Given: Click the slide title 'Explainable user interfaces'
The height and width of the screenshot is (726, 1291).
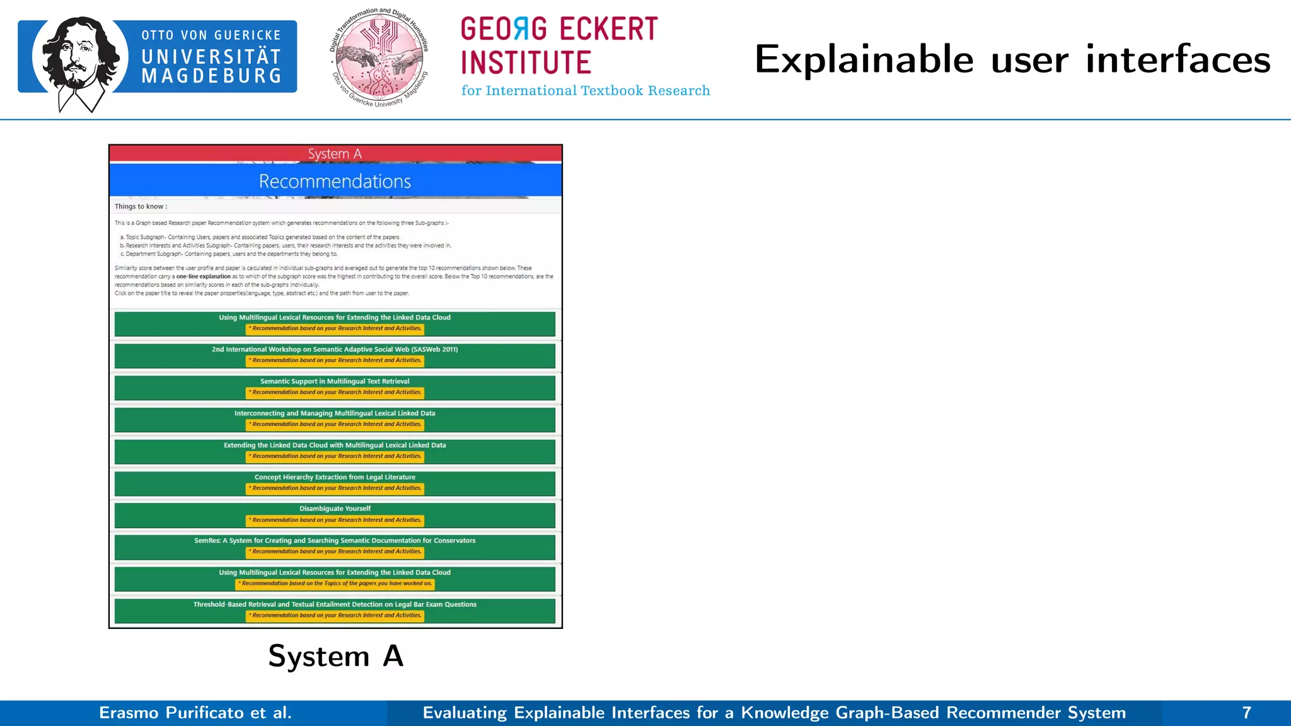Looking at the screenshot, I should pyautogui.click(x=1012, y=59).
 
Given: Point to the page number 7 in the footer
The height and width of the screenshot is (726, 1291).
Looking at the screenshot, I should pyautogui.click(x=1246, y=713).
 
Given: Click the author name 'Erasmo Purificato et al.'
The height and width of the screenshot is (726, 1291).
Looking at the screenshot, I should pyautogui.click(x=195, y=713).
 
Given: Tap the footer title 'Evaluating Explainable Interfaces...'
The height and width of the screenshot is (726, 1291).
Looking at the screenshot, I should pyautogui.click(x=774, y=713).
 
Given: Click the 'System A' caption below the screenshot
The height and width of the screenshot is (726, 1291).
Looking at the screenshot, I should pyautogui.click(x=335, y=656).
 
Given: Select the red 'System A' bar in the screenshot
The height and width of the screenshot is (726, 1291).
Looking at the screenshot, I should pyautogui.click(x=335, y=154).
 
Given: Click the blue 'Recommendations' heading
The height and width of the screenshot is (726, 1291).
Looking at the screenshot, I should pyautogui.click(x=335, y=181).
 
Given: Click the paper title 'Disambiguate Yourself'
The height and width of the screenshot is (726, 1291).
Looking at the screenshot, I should pyautogui.click(x=335, y=509).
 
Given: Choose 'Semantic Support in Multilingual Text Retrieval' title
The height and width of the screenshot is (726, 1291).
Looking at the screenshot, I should pyautogui.click(x=335, y=381).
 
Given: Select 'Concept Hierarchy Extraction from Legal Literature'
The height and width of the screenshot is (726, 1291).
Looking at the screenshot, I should pyautogui.click(x=335, y=477).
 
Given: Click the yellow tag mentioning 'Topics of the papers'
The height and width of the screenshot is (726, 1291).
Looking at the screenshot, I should pyautogui.click(x=335, y=584).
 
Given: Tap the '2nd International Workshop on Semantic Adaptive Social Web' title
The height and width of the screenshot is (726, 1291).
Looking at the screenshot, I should pyautogui.click(x=335, y=349).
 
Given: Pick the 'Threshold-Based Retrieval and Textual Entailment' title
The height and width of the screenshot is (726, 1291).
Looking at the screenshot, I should pyautogui.click(x=335, y=604).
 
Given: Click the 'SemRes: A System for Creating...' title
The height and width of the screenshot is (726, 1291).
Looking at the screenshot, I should pyautogui.click(x=335, y=541).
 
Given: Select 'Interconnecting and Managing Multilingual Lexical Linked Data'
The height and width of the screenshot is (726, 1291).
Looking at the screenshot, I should pyautogui.click(x=335, y=413).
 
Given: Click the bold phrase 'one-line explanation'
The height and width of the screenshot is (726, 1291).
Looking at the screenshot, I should pyautogui.click(x=204, y=277).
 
